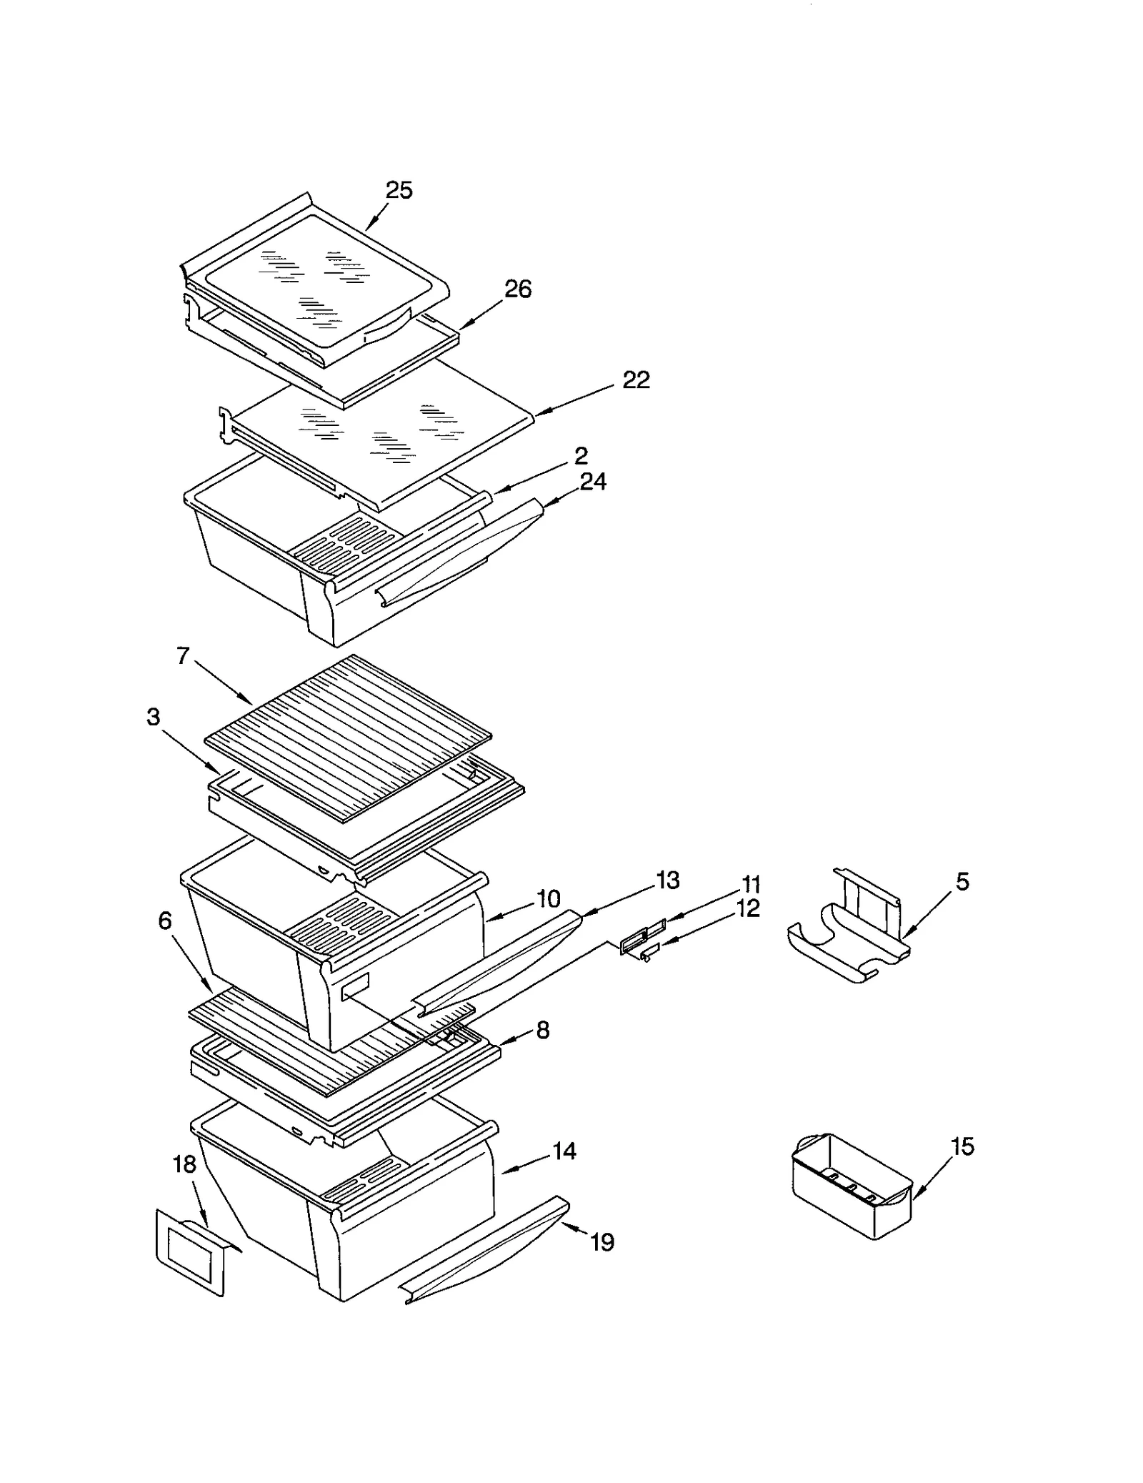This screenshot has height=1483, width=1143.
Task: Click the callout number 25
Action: point(399,190)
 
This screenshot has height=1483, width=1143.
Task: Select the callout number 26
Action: point(518,289)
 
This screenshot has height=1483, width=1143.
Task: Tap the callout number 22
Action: point(636,380)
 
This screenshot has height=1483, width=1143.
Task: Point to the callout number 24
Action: point(593,482)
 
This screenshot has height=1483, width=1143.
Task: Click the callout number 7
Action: point(183,655)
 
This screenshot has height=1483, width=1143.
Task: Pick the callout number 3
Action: point(153,717)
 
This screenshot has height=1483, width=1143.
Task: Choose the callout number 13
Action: point(667,881)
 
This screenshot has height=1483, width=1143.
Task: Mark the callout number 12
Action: point(749,908)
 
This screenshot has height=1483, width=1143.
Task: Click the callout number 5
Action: point(962,882)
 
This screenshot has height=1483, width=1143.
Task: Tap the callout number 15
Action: point(962,1146)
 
